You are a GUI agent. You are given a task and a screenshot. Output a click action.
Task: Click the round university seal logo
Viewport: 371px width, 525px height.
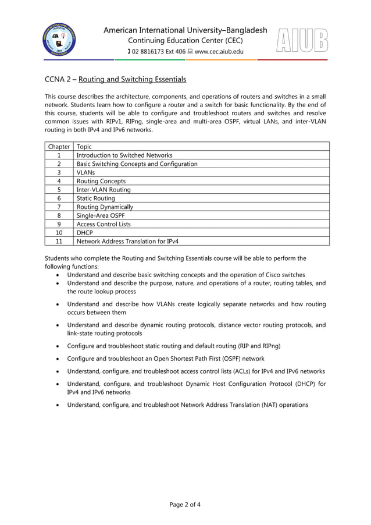pyautogui.click(x=59, y=41)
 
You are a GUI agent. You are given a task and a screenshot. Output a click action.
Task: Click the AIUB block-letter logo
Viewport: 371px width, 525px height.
pyautogui.click(x=302, y=41)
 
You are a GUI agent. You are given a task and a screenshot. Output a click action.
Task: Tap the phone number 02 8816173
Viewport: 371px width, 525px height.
pyautogui.click(x=152, y=52)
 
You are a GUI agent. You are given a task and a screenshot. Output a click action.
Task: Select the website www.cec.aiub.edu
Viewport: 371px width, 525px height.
pyautogui.click(x=219, y=52)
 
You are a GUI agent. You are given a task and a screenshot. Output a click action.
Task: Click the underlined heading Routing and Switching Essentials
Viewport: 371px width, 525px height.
pyautogui.click(x=132, y=79)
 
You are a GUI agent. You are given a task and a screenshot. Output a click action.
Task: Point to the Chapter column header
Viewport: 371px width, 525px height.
pyautogui.click(x=59, y=147)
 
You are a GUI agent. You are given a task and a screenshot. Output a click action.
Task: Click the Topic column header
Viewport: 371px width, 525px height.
pyautogui.click(x=84, y=147)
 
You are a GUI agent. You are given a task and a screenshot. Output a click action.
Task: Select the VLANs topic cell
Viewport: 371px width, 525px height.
pyautogui.click(x=85, y=172)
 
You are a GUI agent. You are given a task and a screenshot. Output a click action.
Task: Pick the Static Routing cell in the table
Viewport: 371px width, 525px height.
pyautogui.click(x=96, y=198)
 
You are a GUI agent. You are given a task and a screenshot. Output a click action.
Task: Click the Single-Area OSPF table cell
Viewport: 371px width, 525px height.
pyautogui.click(x=99, y=215)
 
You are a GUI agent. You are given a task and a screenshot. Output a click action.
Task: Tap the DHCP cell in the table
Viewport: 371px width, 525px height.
pyautogui.click(x=85, y=232)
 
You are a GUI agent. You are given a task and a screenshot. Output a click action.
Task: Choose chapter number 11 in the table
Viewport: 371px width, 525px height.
pyautogui.click(x=59, y=241)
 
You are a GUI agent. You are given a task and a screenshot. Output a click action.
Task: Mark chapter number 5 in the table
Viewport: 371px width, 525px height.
pyautogui.click(x=59, y=190)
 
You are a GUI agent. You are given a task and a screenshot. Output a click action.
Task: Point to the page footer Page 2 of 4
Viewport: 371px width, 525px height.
pyautogui.click(x=185, y=504)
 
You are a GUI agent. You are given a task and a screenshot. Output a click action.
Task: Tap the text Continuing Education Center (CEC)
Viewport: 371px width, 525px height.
pyautogui.click(x=185, y=41)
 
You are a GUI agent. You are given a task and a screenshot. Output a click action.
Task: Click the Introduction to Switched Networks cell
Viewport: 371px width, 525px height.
pyautogui.click(x=124, y=155)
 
